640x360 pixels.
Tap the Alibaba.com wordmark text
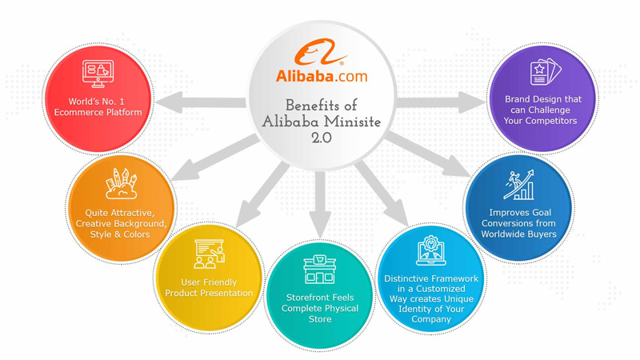322,76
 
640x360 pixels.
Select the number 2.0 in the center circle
322,138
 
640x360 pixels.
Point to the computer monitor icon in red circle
98,74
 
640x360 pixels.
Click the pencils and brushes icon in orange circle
122,183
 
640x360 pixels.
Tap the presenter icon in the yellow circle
209,254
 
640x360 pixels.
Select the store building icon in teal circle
319,270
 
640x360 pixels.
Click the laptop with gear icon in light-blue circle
431,250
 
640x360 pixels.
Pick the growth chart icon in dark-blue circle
518,185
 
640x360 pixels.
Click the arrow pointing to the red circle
201,102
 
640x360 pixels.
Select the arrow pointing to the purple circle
442,102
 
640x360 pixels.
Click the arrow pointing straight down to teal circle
320,204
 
